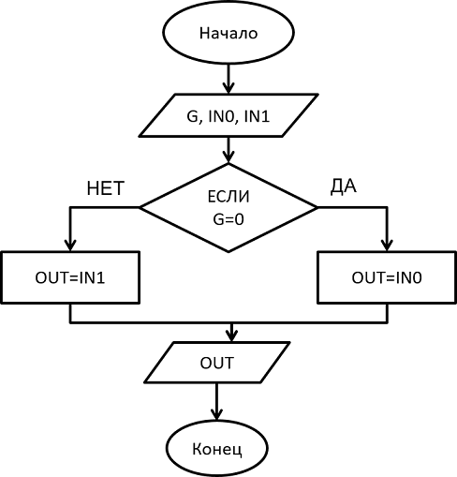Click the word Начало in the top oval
click(228, 33)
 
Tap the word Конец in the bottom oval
click(217, 449)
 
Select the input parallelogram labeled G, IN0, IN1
click(228, 115)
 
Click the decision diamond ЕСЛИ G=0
click(228, 207)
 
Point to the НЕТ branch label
click(106, 188)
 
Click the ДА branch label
click(344, 186)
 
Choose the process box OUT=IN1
click(70, 277)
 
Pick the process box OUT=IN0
click(387, 277)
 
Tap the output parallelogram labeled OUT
click(217, 363)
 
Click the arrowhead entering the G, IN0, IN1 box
click(228, 88)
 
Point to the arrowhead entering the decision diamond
click(228, 157)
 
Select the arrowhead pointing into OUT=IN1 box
click(70, 246)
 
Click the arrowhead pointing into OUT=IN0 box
click(387, 246)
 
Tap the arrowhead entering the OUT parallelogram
click(231, 336)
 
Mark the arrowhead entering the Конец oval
click(216, 414)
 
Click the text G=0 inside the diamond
click(228, 219)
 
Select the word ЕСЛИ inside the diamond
click(228, 197)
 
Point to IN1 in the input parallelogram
click(257, 116)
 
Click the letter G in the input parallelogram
click(192, 116)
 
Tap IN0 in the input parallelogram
click(221, 116)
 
